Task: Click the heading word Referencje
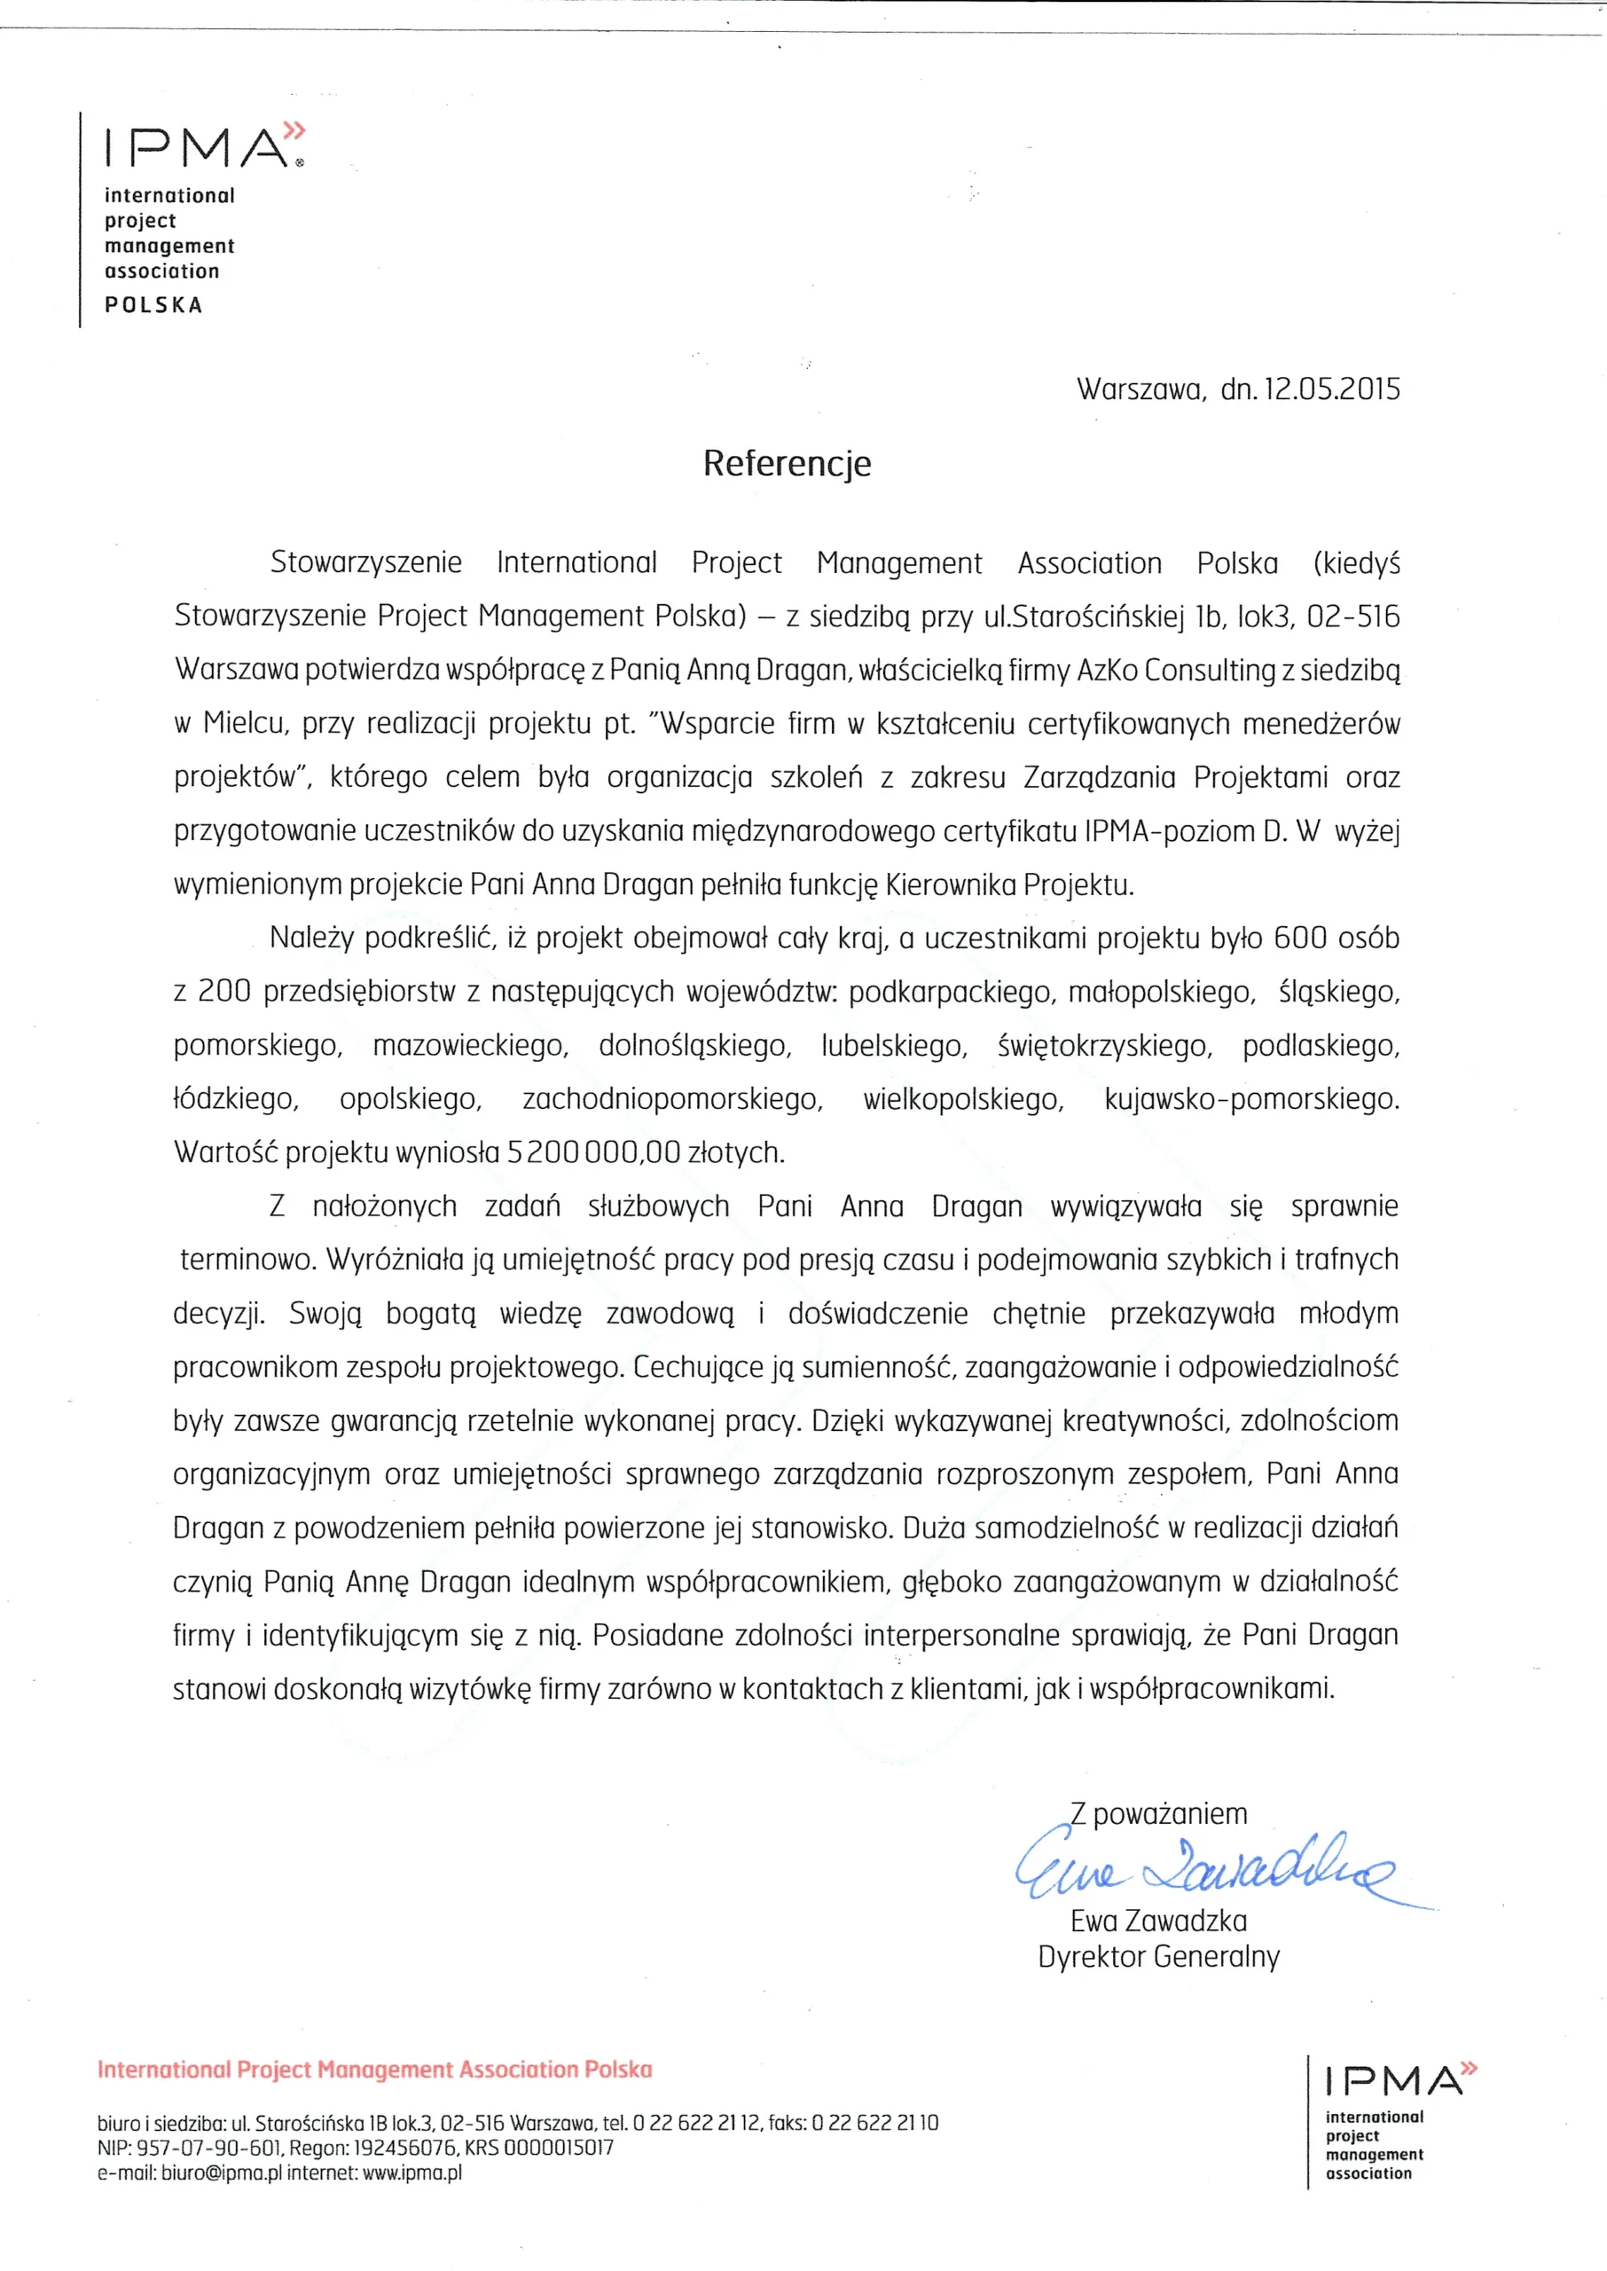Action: coord(787,463)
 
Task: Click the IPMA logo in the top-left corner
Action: coord(204,146)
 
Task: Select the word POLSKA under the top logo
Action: coord(153,305)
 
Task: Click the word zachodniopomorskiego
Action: coord(672,1099)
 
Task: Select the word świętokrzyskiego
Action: coord(1104,1046)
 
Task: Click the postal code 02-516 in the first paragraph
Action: coord(1352,617)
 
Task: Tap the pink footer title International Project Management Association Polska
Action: coord(375,2069)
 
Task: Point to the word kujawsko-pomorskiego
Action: coord(1250,1099)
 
